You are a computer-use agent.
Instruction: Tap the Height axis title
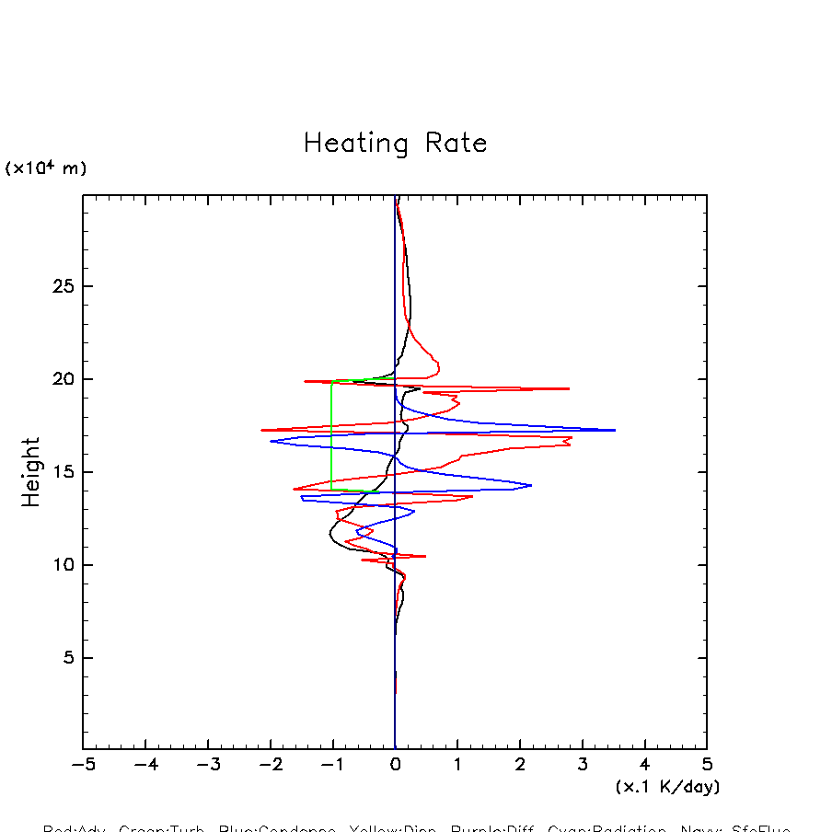coord(32,472)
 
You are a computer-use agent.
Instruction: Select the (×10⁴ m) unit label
coord(46,168)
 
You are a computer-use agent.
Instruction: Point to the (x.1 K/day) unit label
coord(667,787)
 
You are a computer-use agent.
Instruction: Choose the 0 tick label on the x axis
coord(395,765)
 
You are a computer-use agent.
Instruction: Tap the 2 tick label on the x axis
coord(520,765)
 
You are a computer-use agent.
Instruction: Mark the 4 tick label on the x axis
coord(644,765)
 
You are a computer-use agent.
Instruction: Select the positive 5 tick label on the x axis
coord(707,765)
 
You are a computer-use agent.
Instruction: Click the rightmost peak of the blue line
coord(615,430)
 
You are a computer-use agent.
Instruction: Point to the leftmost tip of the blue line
coord(271,441)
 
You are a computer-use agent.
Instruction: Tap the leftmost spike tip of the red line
coord(261,430)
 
